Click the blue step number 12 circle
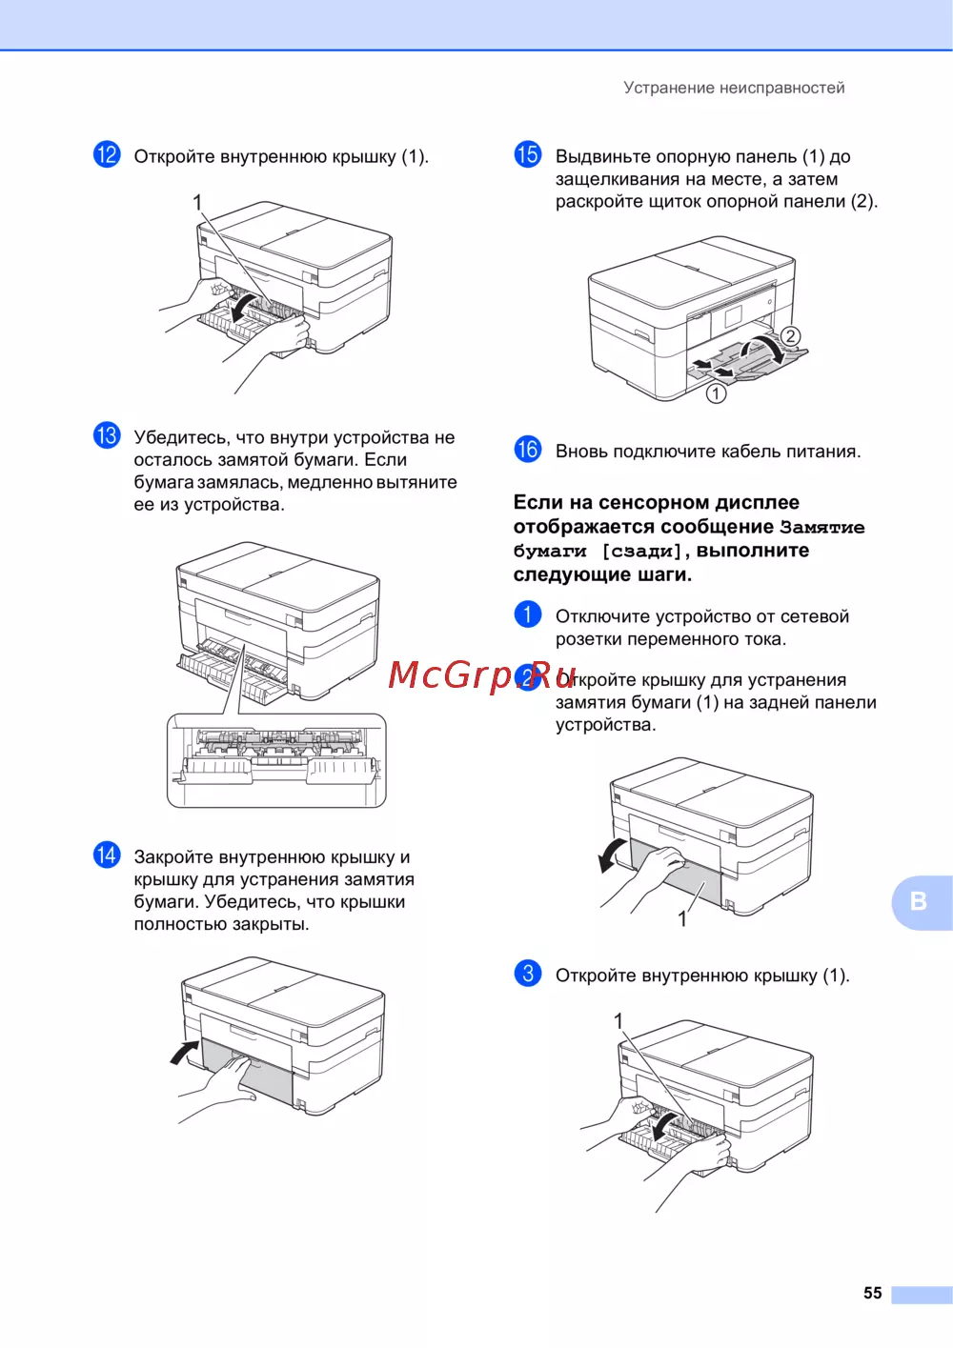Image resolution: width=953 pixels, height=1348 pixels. point(107,154)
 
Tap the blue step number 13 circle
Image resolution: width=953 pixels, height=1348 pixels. point(107,435)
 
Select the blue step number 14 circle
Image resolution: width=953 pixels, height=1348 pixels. point(107,855)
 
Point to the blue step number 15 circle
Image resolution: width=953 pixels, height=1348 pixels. point(527,154)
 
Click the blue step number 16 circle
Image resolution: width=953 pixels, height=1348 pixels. point(527,450)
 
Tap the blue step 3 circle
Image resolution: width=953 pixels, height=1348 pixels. point(527,973)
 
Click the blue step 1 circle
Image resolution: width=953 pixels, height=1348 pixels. point(527,614)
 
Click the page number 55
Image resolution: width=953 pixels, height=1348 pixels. point(872,1293)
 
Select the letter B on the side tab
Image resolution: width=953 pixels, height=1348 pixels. point(918,901)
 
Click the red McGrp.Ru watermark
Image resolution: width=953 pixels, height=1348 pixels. point(482,675)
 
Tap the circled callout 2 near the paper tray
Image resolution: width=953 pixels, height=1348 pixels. point(790,335)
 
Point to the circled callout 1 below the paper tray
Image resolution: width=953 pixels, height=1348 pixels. point(716,394)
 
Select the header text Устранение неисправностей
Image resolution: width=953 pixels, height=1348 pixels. point(734,88)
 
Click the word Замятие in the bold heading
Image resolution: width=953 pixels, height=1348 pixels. point(822,527)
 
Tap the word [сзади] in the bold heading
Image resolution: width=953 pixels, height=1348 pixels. point(641,552)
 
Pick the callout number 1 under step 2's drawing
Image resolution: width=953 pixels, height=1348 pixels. point(682,919)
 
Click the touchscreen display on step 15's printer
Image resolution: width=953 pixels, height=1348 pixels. point(733,317)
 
